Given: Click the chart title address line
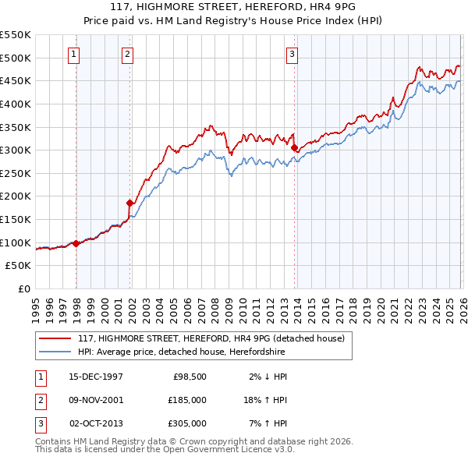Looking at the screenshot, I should click(x=234, y=7).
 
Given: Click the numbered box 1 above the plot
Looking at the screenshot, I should click(x=73, y=54).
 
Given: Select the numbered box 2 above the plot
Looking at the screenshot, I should click(x=126, y=54).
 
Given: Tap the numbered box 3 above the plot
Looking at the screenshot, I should click(x=291, y=54).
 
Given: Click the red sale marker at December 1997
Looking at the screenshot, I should click(x=76, y=243).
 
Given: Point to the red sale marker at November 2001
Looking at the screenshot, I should click(x=130, y=203).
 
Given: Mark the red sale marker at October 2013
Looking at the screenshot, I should click(x=294, y=147).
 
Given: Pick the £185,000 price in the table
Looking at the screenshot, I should click(x=186, y=400).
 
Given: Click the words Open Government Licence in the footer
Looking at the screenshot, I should click(x=227, y=449).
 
